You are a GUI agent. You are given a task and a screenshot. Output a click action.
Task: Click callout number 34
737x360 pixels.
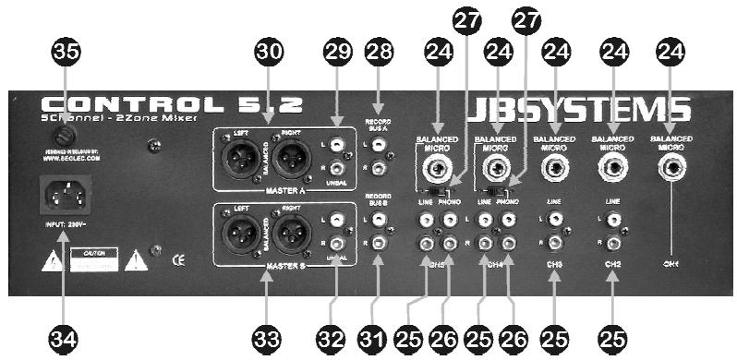(x=62, y=339)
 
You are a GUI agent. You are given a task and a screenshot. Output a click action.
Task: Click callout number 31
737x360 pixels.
(x=379, y=339)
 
